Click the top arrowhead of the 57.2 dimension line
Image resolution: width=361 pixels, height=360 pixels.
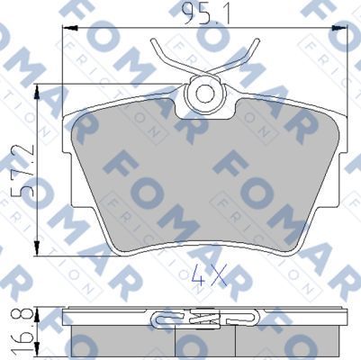(36, 91)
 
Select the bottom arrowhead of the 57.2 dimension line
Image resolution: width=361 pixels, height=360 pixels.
(36, 249)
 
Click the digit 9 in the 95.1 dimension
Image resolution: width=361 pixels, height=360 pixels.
(185, 15)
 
